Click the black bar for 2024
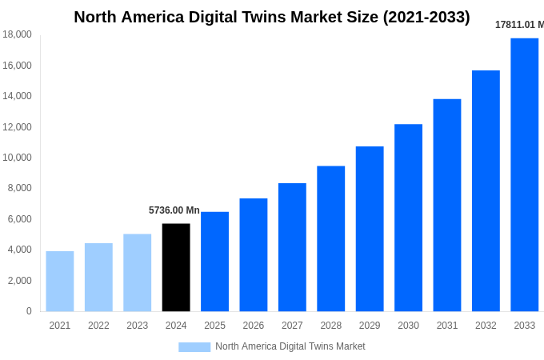tap(176, 267)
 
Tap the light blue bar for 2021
tap(60, 281)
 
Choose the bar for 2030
tap(408, 218)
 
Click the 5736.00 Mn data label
tap(174, 210)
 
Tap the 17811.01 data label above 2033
tap(519, 25)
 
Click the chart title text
tap(272, 17)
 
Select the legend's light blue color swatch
tap(194, 347)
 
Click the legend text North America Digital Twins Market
tap(290, 346)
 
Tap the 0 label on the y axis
tap(29, 311)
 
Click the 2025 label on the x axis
tap(214, 326)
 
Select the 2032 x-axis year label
tap(486, 326)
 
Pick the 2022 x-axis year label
tap(98, 326)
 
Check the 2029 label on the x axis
tap(370, 326)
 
